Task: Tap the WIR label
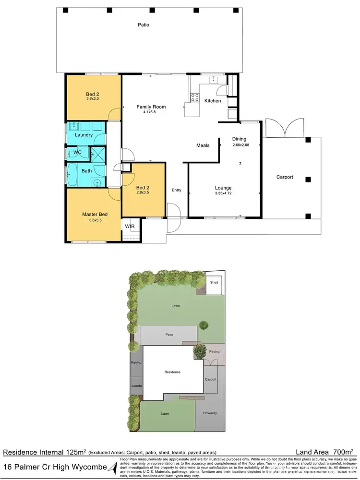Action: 130,226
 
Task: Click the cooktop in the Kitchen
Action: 195,97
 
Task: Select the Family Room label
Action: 151,107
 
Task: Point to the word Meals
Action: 203,145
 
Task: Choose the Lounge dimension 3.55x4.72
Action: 224,194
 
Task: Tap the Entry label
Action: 177,190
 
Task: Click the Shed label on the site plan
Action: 214,282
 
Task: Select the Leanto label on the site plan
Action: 136,385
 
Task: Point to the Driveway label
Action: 210,412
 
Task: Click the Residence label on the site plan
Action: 172,372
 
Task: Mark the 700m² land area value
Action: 343,452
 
